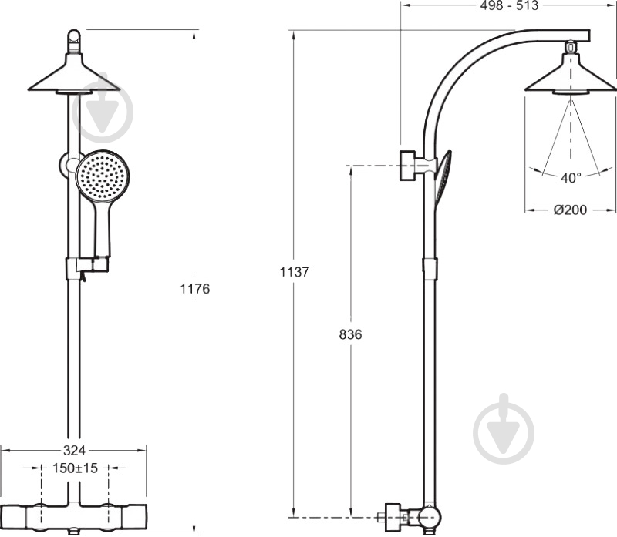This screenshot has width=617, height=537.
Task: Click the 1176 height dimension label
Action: (x=195, y=289)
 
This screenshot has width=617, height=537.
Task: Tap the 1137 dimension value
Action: (x=295, y=272)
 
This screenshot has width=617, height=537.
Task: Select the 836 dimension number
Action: (x=350, y=334)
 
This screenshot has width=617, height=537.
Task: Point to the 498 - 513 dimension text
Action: (x=509, y=5)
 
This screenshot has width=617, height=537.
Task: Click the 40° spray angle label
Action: (x=571, y=178)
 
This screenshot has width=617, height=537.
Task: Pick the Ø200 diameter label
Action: (x=570, y=210)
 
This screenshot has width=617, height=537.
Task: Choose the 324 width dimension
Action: (x=74, y=450)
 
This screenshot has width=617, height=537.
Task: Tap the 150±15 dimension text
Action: (x=75, y=468)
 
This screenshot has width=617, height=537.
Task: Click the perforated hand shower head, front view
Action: (x=103, y=175)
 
